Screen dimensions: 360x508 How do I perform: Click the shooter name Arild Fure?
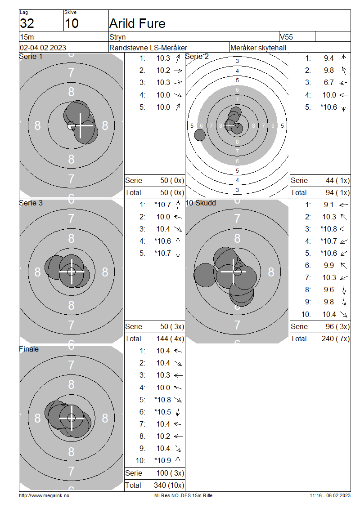pyautogui.click(x=138, y=24)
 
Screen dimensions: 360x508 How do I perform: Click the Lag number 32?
pyautogui.click(x=27, y=24)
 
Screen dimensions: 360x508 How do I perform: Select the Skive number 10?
pyautogui.click(x=72, y=24)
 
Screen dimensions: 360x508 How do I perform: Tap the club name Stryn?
pyautogui.click(x=117, y=37)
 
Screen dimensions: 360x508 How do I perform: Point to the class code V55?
pyautogui.click(x=286, y=37)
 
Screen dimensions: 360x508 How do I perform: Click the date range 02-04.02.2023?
pyautogui.click(x=43, y=48)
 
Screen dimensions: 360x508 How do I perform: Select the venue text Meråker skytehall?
pyautogui.click(x=258, y=48)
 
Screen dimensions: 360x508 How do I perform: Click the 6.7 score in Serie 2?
pyautogui.click(x=328, y=83)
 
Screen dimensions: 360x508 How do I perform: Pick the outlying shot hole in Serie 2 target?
pyautogui.click(x=200, y=135)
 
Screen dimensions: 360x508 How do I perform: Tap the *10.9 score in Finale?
pyautogui.click(x=163, y=461)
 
